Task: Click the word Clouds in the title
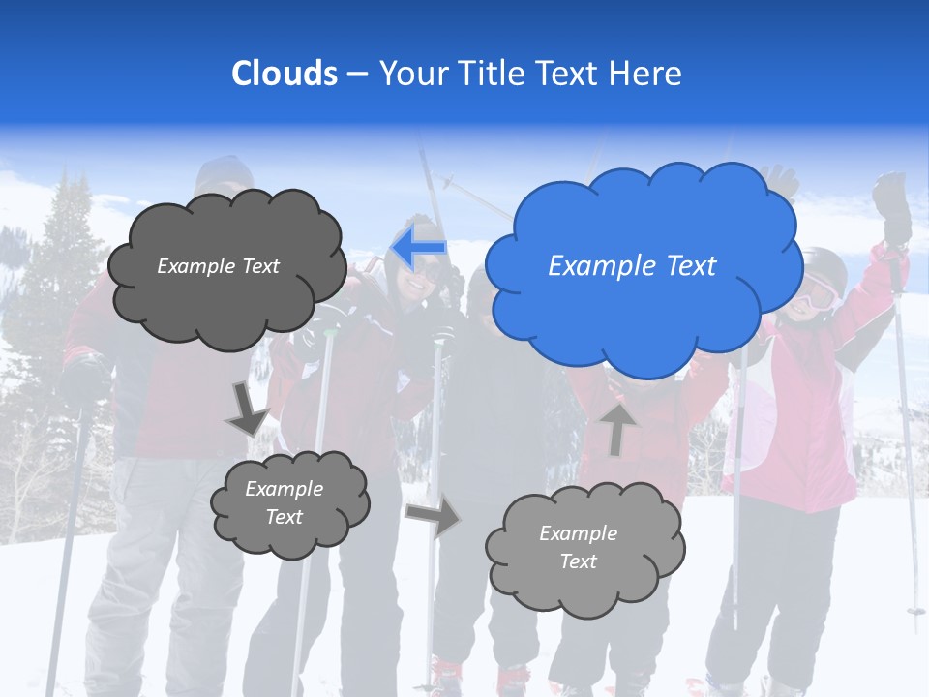[x=285, y=74]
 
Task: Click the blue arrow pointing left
[x=418, y=248]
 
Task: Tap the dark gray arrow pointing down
[x=248, y=407]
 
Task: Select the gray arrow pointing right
[x=433, y=515]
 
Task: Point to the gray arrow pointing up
[x=617, y=428]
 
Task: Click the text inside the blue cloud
[x=632, y=266]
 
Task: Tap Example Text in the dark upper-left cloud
[x=219, y=266]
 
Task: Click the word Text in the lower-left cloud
[x=285, y=517]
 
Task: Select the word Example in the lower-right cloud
[x=578, y=533]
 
